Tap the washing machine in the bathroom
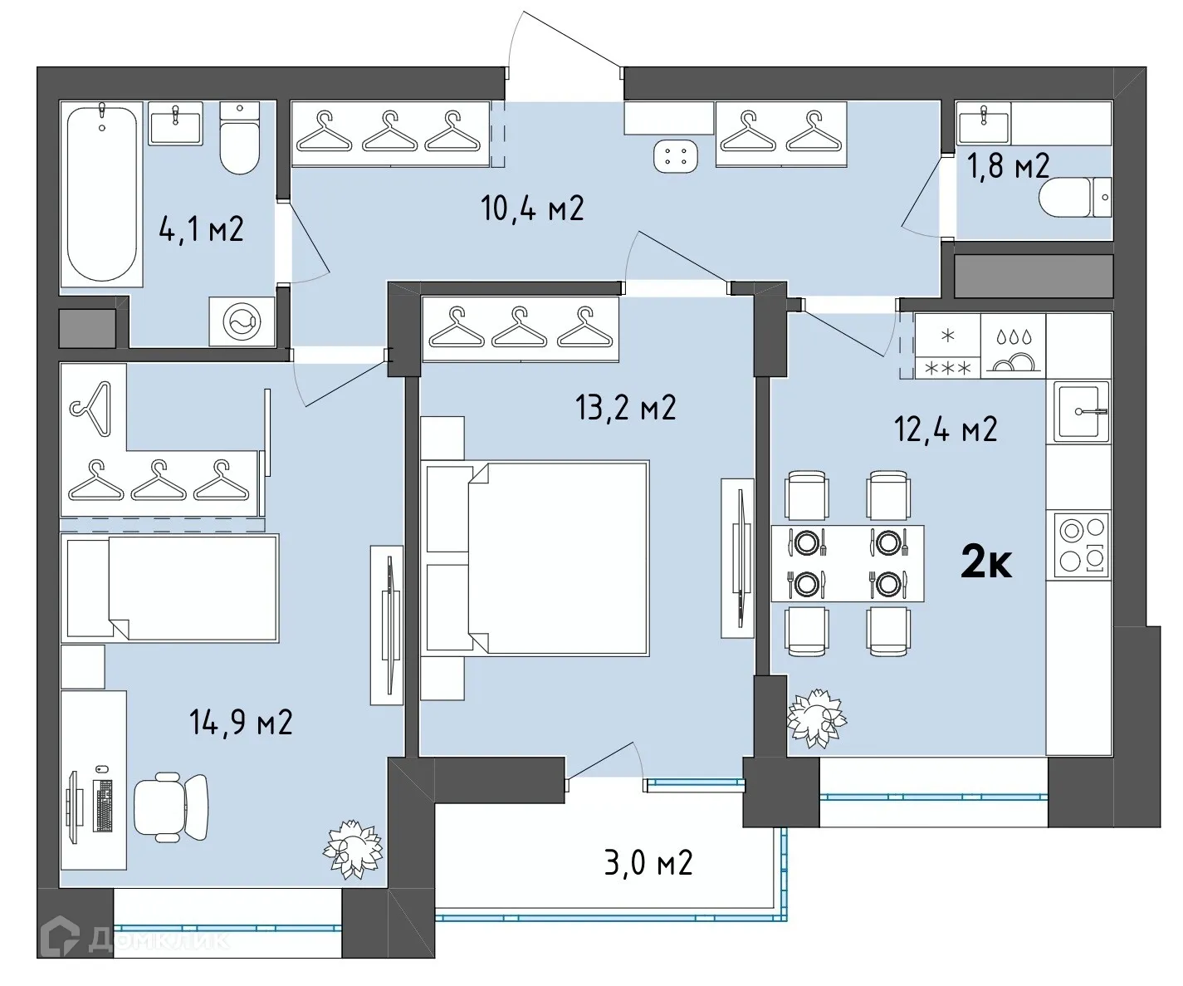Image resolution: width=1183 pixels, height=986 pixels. (242, 321)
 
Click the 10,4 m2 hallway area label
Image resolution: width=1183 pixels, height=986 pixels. (532, 208)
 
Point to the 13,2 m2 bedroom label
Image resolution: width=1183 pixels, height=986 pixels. (625, 408)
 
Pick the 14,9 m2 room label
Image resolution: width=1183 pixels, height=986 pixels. (241, 723)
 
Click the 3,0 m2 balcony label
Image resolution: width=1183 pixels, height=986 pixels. (648, 863)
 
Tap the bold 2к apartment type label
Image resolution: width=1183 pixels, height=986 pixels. (986, 563)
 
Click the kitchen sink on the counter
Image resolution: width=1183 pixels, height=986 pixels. (1081, 410)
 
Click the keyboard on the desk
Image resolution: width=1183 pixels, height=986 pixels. (104, 806)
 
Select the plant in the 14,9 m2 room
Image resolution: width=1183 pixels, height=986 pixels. (353, 848)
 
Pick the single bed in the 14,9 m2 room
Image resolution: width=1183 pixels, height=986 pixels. (170, 588)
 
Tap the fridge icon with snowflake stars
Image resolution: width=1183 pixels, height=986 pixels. (947, 346)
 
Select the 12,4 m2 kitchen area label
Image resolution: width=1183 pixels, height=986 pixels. (946, 429)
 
